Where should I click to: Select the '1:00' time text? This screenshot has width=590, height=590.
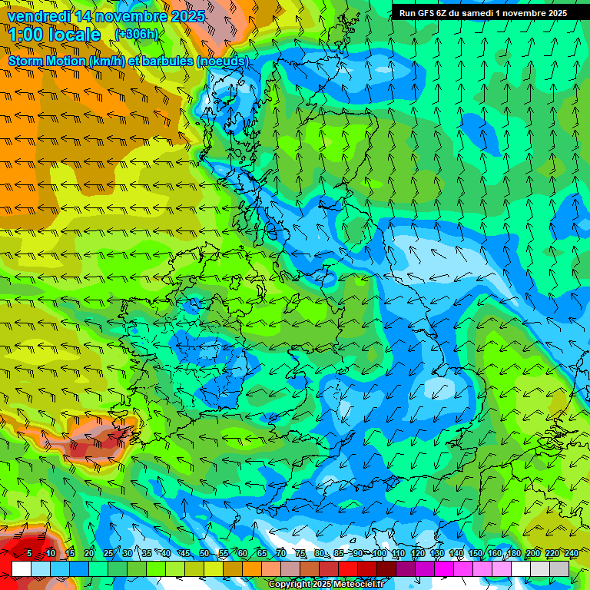click(25, 35)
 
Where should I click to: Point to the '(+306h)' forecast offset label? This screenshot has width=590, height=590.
click(136, 35)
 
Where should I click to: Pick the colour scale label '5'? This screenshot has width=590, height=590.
click(29, 554)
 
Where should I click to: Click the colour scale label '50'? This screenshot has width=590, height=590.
click(204, 554)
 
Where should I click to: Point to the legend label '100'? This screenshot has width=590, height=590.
click(379, 554)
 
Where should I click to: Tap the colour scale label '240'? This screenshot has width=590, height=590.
click(571, 554)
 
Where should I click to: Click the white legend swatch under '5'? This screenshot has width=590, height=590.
click(22, 568)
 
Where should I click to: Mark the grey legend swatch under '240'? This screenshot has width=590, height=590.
click(559, 568)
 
